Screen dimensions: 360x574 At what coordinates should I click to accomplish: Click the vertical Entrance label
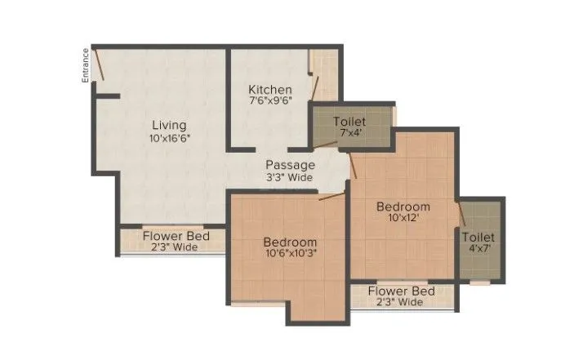click(x=85, y=66)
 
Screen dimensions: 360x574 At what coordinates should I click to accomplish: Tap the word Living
click(x=169, y=126)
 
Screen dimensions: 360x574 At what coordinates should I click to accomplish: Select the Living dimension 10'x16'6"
click(x=169, y=139)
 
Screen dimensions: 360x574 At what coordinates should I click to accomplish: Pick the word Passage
click(x=290, y=165)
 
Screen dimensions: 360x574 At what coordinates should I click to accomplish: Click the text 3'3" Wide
click(x=290, y=177)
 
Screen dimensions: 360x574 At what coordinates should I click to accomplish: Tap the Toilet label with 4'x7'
click(x=477, y=237)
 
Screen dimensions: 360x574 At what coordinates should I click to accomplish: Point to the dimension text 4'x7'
click(x=477, y=250)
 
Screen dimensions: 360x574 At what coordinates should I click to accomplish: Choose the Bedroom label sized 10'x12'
click(x=403, y=207)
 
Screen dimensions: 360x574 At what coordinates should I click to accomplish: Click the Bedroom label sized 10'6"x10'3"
click(x=290, y=242)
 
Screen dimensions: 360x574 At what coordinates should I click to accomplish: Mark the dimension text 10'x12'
click(x=403, y=220)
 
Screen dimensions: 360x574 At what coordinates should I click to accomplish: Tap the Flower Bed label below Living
click(x=176, y=236)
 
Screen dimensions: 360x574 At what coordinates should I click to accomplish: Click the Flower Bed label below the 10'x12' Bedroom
click(x=400, y=291)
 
